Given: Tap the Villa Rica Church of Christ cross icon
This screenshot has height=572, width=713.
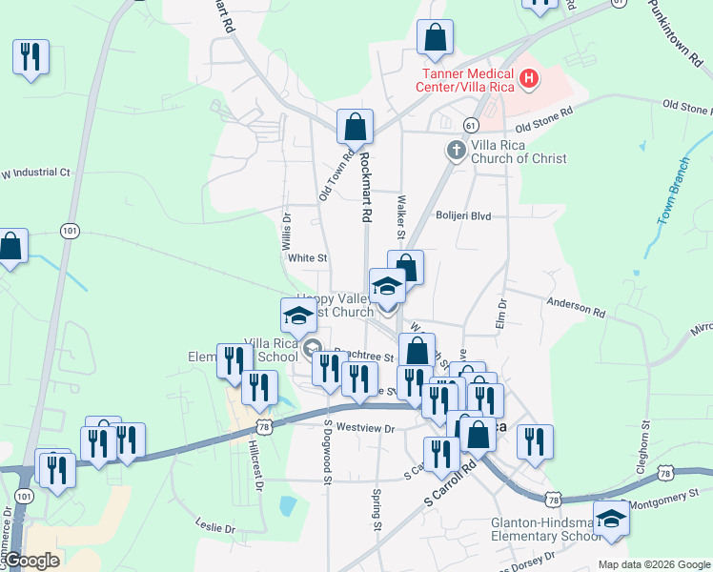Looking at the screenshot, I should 457,150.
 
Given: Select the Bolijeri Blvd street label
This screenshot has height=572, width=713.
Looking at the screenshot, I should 463,216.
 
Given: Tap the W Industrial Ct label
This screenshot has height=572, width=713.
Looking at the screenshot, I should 35,174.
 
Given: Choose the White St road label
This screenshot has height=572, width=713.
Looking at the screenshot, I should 308,258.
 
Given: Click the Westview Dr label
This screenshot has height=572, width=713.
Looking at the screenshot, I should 365,429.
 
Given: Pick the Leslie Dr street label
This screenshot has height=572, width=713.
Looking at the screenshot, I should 214,527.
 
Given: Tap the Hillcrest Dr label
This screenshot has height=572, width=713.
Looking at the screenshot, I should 255,464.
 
